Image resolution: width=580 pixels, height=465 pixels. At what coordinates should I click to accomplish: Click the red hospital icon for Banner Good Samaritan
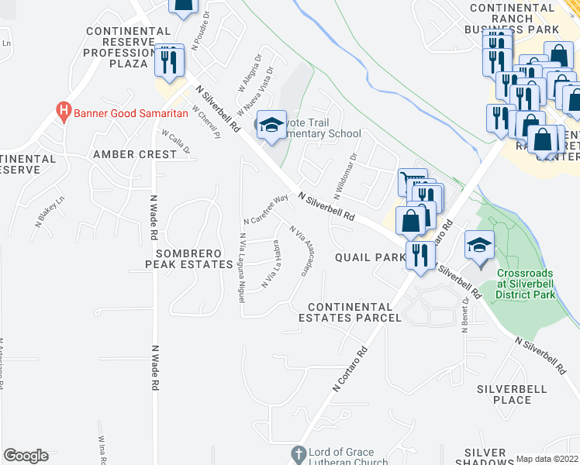[x=64, y=112]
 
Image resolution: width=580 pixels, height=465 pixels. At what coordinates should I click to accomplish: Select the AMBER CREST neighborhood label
[x=135, y=154]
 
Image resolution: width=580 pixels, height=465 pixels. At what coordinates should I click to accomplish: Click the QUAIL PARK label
[x=370, y=257]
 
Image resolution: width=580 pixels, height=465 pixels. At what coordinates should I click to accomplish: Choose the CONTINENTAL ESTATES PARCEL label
[x=350, y=312]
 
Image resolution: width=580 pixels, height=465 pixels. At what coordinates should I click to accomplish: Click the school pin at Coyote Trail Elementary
[x=271, y=125]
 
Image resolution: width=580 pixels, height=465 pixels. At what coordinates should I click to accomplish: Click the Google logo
[x=26, y=456]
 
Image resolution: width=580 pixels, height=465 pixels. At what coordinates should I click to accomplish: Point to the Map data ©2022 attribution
[x=547, y=458]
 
